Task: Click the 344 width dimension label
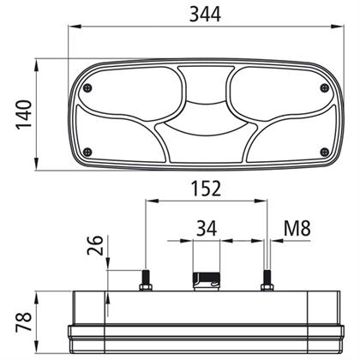[205, 15]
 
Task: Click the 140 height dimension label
[24, 115]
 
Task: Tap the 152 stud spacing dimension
[206, 189]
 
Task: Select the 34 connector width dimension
[207, 228]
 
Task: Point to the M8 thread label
[297, 228]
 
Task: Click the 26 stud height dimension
[95, 245]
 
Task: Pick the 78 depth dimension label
[24, 322]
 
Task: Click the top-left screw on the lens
[88, 88]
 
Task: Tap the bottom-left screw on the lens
[88, 152]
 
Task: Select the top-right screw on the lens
[324, 88]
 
